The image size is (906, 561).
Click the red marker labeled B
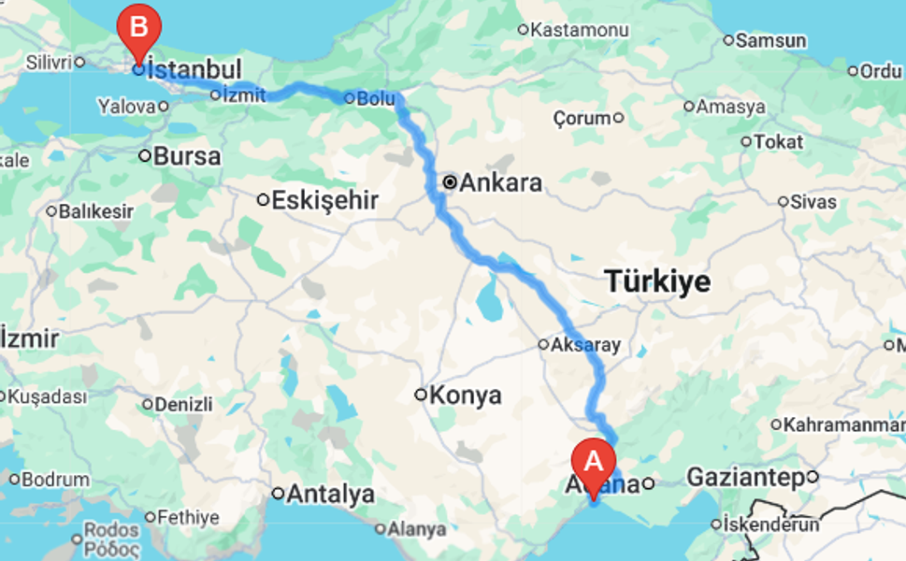(x=138, y=26)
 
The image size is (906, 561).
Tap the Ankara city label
(x=499, y=182)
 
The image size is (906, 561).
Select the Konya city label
(x=465, y=395)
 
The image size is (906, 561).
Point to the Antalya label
(x=330, y=494)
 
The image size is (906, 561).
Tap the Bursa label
(x=187, y=156)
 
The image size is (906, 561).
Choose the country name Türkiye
(x=657, y=280)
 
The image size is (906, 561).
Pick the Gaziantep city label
(x=745, y=478)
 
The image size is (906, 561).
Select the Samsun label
(x=770, y=40)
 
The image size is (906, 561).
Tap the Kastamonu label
(x=579, y=30)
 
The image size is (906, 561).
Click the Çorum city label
(x=582, y=119)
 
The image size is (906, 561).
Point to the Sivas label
(x=813, y=201)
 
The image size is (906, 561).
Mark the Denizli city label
(x=183, y=405)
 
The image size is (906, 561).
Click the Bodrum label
(x=55, y=480)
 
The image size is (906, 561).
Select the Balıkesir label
(x=95, y=211)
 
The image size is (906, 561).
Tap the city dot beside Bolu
(x=348, y=97)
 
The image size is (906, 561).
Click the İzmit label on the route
(x=244, y=94)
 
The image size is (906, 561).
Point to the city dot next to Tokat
(x=746, y=142)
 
